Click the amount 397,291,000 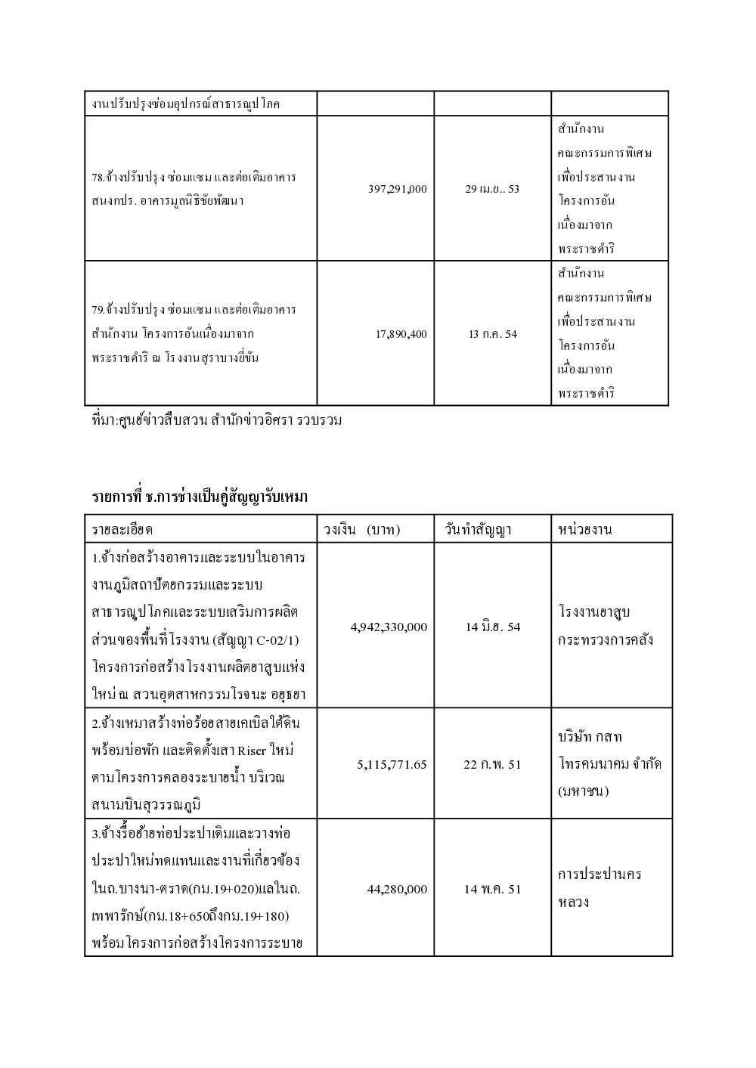pyautogui.click(x=397, y=189)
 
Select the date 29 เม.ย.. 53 pyautogui.click(x=492, y=189)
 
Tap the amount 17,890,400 pyautogui.click(x=401, y=333)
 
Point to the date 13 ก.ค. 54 pyautogui.click(x=492, y=333)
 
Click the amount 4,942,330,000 pyautogui.click(x=389, y=627)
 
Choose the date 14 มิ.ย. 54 pyautogui.click(x=492, y=627)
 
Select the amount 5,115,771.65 pyautogui.click(x=392, y=764)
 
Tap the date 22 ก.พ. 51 pyautogui.click(x=492, y=764)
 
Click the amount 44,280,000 pyautogui.click(x=397, y=889)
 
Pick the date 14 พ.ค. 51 pyautogui.click(x=492, y=889)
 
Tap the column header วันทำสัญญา pyautogui.click(x=477, y=529)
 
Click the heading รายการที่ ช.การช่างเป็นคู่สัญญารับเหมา pyautogui.click(x=200, y=497)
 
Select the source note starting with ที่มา pyautogui.click(x=215, y=419)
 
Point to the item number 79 pyautogui.click(x=98, y=310)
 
